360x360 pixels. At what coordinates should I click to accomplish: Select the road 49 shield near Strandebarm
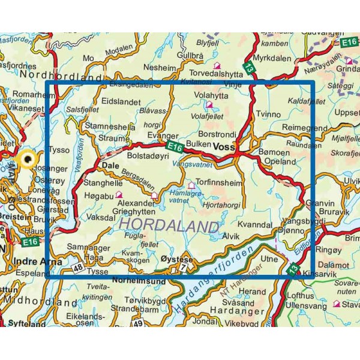139,323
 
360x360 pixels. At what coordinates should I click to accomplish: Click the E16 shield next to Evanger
174,146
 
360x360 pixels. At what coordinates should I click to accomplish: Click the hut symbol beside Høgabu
119,194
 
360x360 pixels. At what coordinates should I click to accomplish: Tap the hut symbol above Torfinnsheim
192,185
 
